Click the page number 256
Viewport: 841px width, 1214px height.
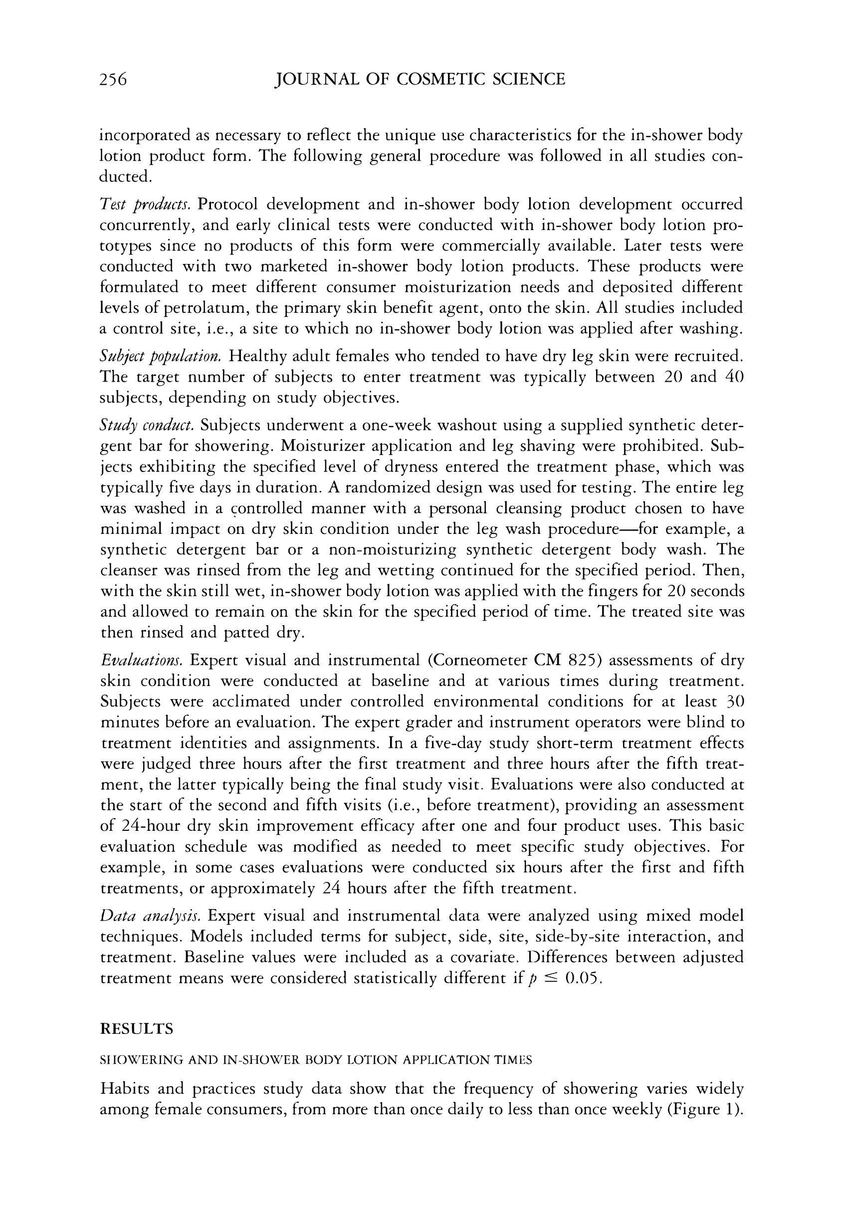pyautogui.click(x=113, y=80)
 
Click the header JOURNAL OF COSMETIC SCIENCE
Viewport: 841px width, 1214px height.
pyautogui.click(x=420, y=80)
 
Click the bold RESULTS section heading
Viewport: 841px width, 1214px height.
pyautogui.click(x=137, y=1029)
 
